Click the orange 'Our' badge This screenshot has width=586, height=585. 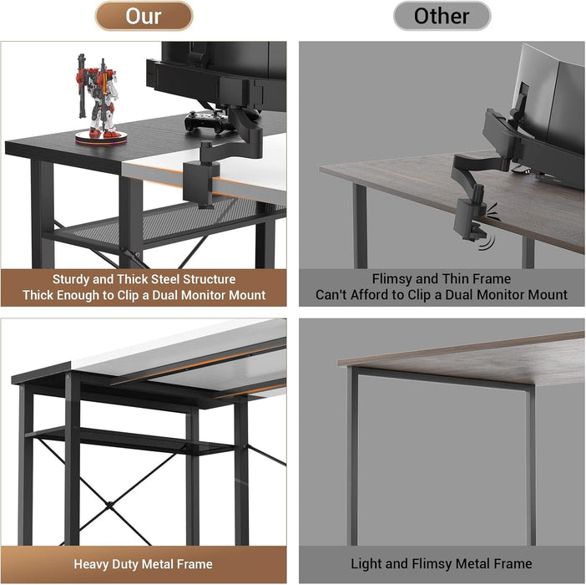pos(144,16)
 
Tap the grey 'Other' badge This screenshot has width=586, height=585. pos(442,16)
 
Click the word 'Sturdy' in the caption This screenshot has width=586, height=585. pos(73,279)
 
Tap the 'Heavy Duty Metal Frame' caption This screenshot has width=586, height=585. pos(143,565)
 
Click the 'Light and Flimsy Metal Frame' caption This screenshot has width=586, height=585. pos(441,565)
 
